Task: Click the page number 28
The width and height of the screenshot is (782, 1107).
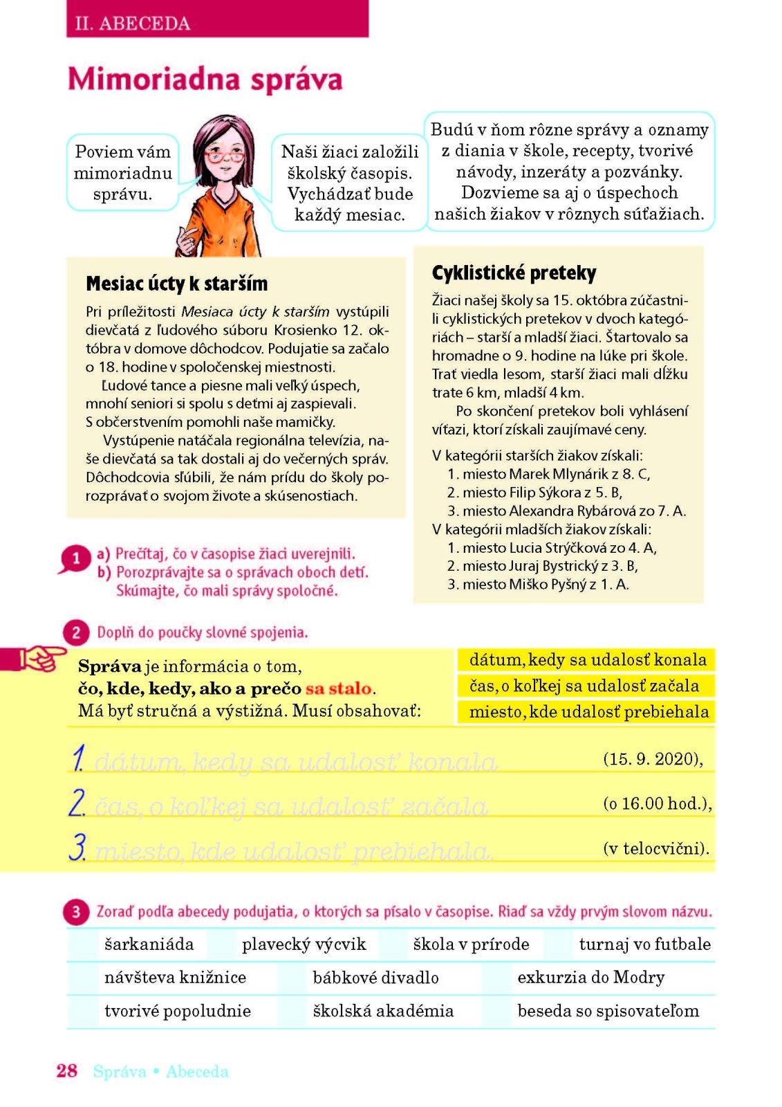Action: (66, 1071)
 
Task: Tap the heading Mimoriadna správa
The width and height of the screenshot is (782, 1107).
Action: (205, 79)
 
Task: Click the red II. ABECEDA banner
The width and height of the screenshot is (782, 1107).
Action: (217, 21)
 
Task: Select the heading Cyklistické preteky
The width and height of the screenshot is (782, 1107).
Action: (514, 273)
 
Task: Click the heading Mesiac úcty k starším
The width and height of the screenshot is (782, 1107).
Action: (176, 284)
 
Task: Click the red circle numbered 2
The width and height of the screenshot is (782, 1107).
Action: (76, 632)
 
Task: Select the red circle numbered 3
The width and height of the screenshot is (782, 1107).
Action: (76, 912)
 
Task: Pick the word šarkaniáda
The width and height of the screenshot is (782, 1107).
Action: (149, 944)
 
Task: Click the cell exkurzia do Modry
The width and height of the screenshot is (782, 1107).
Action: (590, 978)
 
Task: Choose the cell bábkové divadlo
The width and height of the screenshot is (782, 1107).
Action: (375, 978)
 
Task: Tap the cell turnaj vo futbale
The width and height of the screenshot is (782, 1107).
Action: (644, 944)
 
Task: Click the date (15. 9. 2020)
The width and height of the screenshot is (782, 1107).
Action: (653, 759)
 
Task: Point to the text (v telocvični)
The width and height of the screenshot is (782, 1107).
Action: (656, 848)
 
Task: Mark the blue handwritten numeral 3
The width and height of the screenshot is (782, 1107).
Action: (78, 848)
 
